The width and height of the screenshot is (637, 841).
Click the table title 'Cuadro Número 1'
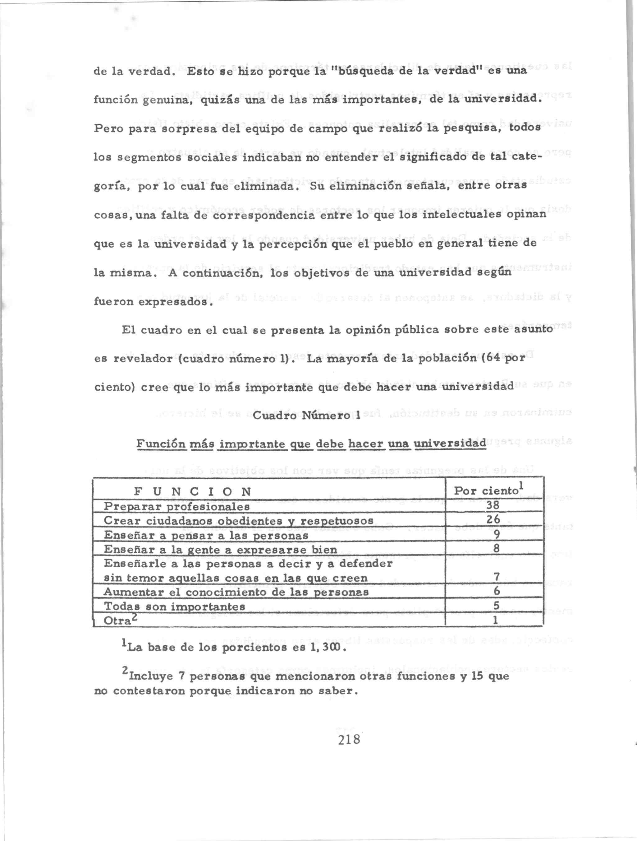tap(306, 416)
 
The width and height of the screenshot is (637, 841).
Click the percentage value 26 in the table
tap(493, 519)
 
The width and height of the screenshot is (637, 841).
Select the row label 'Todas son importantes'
tap(174, 606)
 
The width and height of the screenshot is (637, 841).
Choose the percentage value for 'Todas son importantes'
tap(496, 605)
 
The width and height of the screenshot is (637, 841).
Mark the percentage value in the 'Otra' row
tap(495, 620)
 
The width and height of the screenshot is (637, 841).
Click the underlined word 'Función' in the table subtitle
tap(161, 444)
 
